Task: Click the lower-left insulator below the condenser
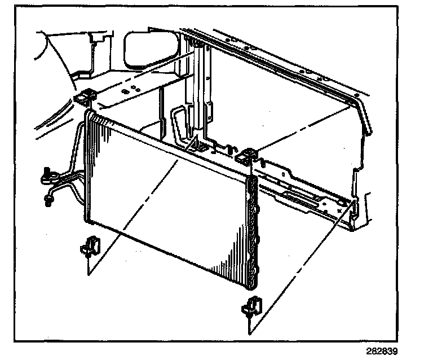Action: coord(90,246)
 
